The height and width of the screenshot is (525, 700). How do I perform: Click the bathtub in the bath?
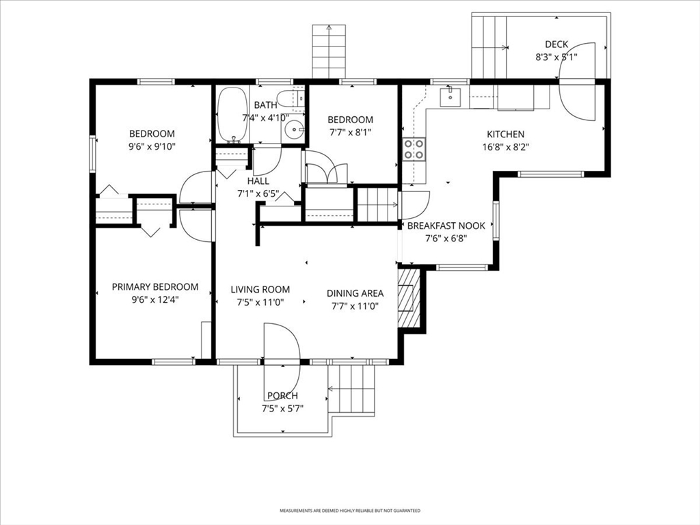coord(232,115)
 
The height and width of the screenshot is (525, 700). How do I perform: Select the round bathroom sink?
coord(294,130)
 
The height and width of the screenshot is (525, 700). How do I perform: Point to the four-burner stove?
coord(414,149)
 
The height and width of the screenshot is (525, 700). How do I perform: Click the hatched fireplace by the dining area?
coord(409,297)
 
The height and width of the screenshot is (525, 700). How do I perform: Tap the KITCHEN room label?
coord(505,134)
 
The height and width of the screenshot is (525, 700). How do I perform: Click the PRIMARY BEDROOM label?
coord(155,286)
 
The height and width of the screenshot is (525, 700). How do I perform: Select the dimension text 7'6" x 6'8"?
coord(446,238)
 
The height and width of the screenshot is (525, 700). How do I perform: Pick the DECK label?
coord(556,44)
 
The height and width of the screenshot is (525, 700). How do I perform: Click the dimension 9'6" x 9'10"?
coord(152,146)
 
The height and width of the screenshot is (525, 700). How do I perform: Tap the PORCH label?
coord(282,396)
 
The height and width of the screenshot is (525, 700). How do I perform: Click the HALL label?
coord(258,180)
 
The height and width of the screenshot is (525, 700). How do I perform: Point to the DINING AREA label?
coord(355,293)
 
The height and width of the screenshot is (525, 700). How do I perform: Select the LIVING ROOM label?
coord(260,289)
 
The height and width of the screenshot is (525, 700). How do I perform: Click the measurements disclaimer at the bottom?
coord(350,510)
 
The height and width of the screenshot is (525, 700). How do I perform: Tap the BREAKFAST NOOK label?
coord(446,226)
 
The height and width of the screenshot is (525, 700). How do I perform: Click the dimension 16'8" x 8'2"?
coord(506,146)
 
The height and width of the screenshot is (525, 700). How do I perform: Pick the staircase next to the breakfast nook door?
coord(377,204)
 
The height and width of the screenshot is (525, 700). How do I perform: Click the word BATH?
coord(266,105)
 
